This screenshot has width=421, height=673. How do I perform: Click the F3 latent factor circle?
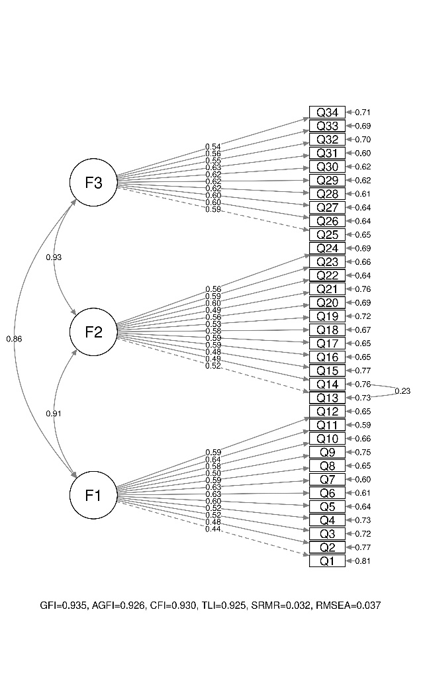tap(93, 182)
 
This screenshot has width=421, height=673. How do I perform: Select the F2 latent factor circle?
tap(93, 332)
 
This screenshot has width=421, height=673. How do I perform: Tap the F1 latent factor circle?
tap(93, 494)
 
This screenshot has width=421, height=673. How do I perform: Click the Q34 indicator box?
tap(327, 112)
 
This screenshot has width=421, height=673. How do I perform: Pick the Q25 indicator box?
tap(327, 234)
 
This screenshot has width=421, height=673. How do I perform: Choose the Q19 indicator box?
tap(327, 316)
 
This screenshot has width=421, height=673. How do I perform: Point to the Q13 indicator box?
tap(327, 398)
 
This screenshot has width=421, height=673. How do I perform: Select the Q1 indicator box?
tap(327, 561)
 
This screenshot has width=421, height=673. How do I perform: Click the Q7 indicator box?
tap(327, 479)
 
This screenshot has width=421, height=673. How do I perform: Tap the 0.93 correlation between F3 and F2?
tap(54, 257)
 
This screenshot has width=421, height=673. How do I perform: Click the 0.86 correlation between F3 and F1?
tap(14, 339)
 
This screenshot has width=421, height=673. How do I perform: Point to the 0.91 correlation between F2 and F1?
tap(54, 414)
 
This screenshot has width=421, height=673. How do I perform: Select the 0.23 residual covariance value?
tap(402, 391)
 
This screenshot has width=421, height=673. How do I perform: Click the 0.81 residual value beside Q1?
tap(363, 561)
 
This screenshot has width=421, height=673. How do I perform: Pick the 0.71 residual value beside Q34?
tap(363, 112)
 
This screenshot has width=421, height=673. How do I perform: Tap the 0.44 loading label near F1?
tap(212, 529)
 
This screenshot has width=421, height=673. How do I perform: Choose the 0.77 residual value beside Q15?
tap(363, 371)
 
